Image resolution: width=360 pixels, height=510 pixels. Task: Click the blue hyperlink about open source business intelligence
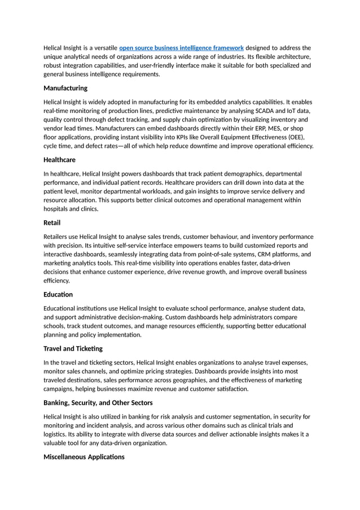(181, 48)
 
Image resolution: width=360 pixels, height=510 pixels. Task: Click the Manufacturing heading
(65, 88)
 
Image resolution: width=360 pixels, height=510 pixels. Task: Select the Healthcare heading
(59, 160)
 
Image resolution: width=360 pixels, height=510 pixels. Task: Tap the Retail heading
(52, 223)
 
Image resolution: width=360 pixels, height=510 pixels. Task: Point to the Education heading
(58, 294)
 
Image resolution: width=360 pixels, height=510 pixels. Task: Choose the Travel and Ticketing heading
(73, 348)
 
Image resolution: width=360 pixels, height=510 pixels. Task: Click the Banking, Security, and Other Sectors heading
(98, 403)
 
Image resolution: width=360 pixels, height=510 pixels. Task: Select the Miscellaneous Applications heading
(84, 456)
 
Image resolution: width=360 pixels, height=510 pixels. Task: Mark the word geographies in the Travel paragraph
(177, 380)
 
